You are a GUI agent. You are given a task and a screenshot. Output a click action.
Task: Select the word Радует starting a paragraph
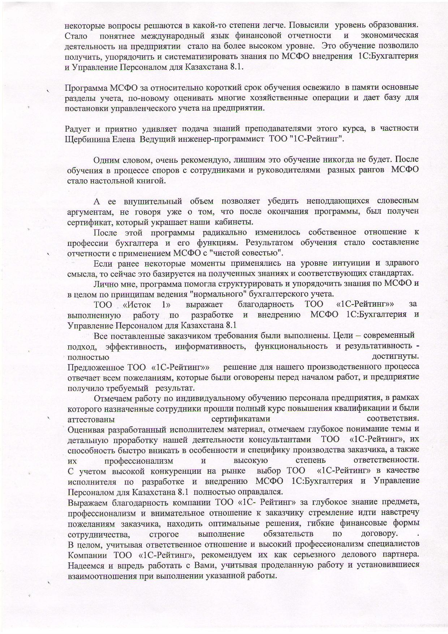coord(77,128)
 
